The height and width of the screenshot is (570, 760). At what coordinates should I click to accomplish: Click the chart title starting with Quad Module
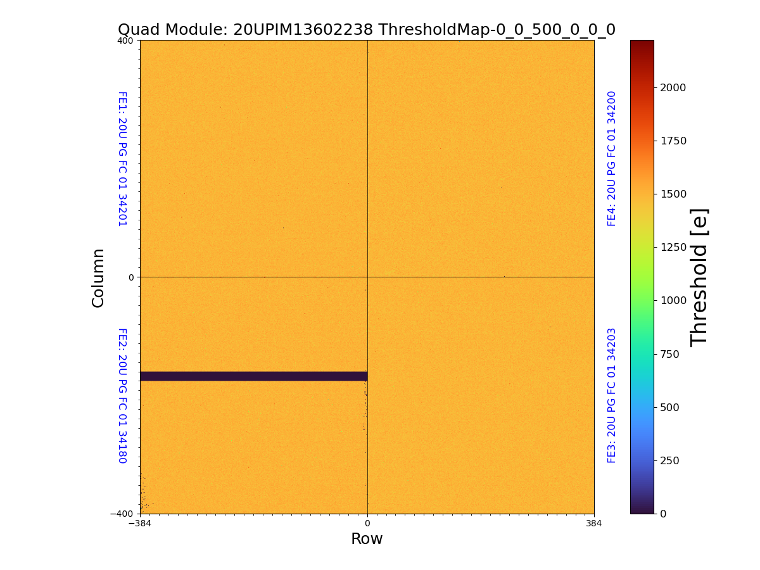pyautogui.click(x=367, y=30)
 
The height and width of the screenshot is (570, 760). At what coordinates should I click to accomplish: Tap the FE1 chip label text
pyautogui.click(x=122, y=159)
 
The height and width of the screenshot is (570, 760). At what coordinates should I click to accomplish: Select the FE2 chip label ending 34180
pyautogui.click(x=122, y=395)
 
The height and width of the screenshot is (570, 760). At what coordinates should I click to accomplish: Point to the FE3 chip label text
pyautogui.click(x=612, y=395)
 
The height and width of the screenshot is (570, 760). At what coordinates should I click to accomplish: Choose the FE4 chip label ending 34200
pyautogui.click(x=612, y=159)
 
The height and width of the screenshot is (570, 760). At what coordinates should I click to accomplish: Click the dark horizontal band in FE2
pyautogui.click(x=253, y=376)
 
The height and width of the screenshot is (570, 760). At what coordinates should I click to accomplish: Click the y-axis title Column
pyautogui.click(x=98, y=278)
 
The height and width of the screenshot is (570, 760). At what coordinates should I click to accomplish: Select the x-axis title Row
pyautogui.click(x=367, y=539)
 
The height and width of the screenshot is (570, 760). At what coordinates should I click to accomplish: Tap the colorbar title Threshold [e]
pyautogui.click(x=699, y=277)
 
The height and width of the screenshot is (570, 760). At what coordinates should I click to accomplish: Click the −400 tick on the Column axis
pyautogui.click(x=123, y=514)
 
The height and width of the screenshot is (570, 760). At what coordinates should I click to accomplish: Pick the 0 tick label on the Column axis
pyautogui.click(x=131, y=277)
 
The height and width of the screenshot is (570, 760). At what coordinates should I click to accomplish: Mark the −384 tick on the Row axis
pyautogui.click(x=140, y=523)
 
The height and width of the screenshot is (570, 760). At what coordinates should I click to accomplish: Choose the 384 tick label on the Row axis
pyautogui.click(x=594, y=523)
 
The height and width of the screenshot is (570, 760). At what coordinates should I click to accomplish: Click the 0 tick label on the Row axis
pyautogui.click(x=367, y=523)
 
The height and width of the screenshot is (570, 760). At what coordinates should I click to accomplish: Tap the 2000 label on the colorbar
pyautogui.click(x=673, y=87)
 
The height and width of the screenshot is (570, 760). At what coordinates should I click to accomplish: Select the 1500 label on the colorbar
pyautogui.click(x=673, y=194)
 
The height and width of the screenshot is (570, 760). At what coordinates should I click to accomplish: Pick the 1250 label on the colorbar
pyautogui.click(x=673, y=247)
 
